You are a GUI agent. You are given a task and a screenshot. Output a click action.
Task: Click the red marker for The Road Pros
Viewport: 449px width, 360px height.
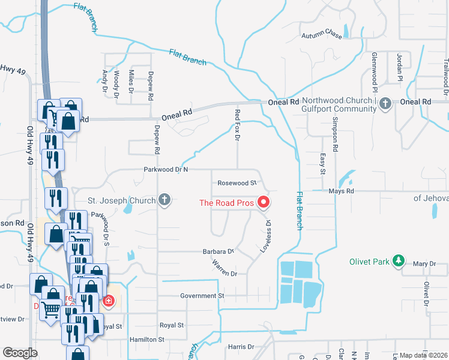263,203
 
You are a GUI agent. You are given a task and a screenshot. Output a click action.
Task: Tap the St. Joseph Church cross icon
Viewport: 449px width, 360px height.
164,200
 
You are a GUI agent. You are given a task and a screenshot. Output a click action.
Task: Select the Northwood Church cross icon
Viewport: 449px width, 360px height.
385,104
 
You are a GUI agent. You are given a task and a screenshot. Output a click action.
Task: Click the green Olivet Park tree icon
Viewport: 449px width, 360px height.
397,261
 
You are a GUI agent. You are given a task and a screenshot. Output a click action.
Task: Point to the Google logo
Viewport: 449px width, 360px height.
20,353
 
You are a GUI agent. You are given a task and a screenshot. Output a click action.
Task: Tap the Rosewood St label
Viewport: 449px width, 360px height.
237,182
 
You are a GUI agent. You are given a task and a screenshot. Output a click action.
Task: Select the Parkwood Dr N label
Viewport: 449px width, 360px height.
166,170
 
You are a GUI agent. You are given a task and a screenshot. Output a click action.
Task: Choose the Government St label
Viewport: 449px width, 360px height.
202,296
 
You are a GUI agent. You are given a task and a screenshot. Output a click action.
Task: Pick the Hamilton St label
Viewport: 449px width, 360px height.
147,340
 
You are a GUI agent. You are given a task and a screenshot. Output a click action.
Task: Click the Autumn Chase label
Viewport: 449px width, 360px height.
322,36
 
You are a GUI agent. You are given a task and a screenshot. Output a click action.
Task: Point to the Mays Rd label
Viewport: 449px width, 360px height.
341,191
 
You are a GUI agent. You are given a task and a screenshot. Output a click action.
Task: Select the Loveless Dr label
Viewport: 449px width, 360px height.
265,235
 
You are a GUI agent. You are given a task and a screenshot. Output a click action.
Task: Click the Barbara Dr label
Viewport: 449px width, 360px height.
218,251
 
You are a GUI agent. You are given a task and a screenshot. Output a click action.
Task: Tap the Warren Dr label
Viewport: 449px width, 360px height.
224,268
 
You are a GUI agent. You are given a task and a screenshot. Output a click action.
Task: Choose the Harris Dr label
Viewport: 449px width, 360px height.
241,347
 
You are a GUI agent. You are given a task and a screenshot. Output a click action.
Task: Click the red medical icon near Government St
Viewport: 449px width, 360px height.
108,300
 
